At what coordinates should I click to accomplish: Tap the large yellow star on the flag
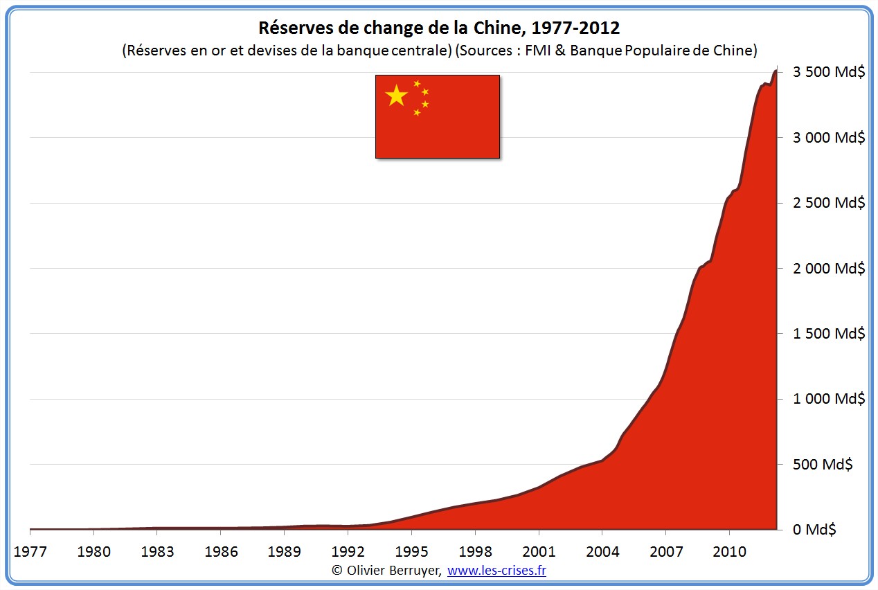pos(396,96)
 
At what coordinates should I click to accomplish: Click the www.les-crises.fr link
pos(496,570)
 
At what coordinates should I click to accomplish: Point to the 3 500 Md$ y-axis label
pos(828,72)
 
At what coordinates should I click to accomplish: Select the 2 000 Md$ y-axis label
pos(828,268)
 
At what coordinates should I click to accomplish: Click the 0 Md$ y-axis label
pos(815,529)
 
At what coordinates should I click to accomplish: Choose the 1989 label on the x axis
pos(284,552)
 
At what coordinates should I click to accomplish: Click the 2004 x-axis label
pos(602,552)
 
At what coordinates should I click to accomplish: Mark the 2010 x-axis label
pos(729,552)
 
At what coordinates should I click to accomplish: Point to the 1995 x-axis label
pos(411,552)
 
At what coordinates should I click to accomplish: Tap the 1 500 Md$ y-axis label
pos(828,333)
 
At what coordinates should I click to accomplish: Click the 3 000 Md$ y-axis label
pos(828,137)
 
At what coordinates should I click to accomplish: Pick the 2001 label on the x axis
pos(539,552)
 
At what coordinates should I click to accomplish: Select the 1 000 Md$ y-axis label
pos(828,399)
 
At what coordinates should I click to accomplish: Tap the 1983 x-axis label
pos(157,552)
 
